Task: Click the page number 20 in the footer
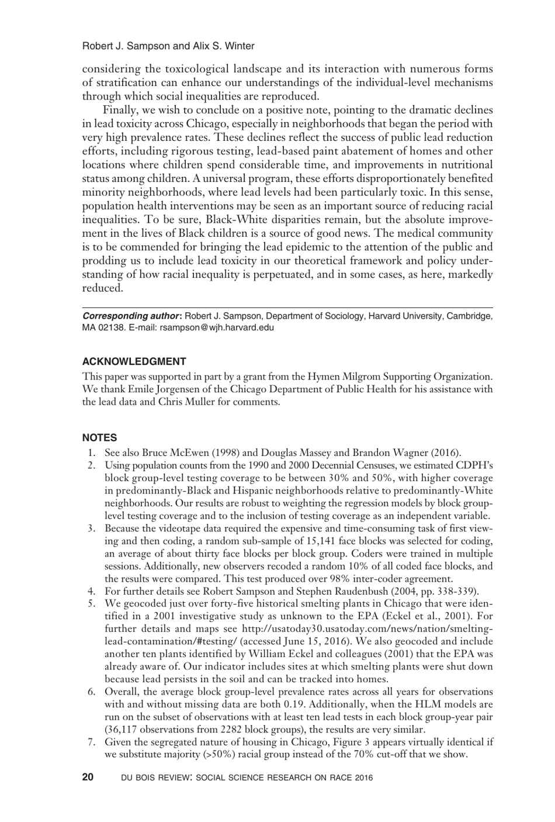pyautogui.click(x=88, y=778)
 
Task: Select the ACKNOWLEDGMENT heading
pyautogui.click(x=134, y=361)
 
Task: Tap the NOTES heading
pyautogui.click(x=99, y=437)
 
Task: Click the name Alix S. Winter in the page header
pyautogui.click(x=224, y=46)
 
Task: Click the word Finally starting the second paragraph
pyautogui.click(x=119, y=110)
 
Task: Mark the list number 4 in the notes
pyautogui.click(x=91, y=591)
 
